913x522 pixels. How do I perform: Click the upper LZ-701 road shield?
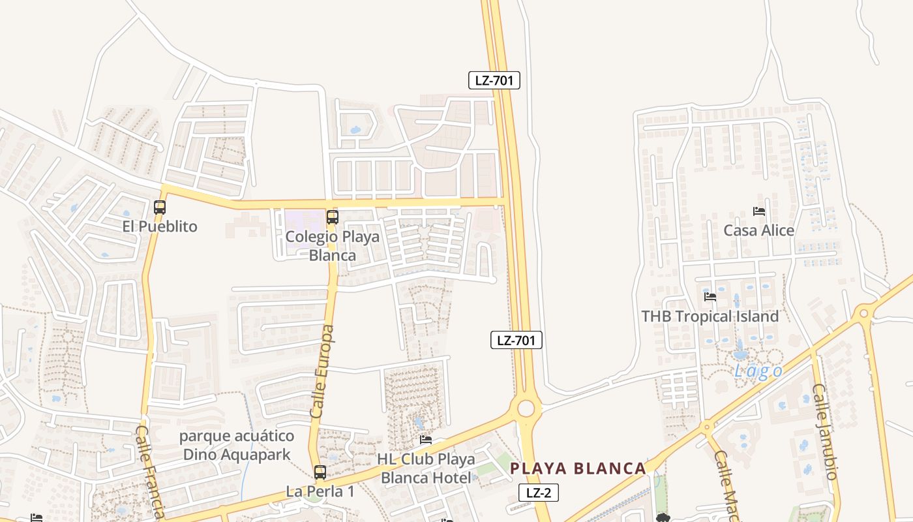coord(494,80)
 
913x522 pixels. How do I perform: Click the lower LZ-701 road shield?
coord(516,340)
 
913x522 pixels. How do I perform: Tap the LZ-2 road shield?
coord(539,493)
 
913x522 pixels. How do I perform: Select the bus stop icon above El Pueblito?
coord(160,207)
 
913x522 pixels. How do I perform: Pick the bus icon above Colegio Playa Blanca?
coord(333,217)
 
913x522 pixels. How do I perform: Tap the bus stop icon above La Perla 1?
coord(320,472)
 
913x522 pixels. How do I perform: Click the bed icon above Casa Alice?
coord(758,211)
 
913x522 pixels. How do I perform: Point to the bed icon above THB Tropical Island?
coord(710,297)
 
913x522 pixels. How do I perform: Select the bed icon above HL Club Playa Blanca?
coord(426,440)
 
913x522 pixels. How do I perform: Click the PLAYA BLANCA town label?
coord(578,468)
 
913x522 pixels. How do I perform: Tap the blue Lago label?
coord(758,371)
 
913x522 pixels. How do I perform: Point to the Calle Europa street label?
coord(323,371)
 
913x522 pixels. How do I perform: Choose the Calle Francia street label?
coord(151,470)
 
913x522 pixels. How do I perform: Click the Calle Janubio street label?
coord(824,431)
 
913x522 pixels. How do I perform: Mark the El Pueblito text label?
coord(160,226)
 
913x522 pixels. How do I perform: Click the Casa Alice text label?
coord(758,230)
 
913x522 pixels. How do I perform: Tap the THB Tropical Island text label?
coord(710,316)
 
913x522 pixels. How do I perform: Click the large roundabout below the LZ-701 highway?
coord(526,409)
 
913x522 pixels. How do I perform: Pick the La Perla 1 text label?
coord(320,491)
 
